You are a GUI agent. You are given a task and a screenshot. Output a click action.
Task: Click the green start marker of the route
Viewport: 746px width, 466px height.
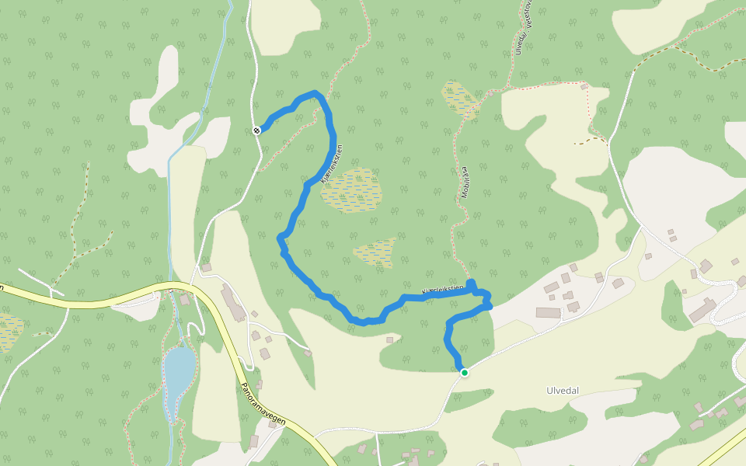click(465, 373)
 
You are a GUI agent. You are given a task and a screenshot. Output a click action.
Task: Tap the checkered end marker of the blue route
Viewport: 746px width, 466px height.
click(256, 130)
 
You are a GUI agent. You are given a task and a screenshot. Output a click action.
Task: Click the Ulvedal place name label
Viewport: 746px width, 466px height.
click(562, 391)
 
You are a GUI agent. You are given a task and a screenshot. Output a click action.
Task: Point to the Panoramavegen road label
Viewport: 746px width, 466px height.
click(263, 404)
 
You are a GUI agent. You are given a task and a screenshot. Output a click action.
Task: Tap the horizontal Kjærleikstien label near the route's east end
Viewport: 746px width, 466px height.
click(441, 290)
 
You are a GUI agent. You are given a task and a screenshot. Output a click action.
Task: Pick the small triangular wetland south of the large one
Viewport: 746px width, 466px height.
click(376, 252)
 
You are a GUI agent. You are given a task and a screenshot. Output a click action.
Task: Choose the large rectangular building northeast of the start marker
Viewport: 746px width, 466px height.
click(548, 313)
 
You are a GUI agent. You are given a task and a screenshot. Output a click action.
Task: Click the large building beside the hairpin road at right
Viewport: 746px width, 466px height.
click(703, 309)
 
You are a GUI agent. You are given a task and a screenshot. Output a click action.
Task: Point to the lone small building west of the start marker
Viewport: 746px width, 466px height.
click(389, 340)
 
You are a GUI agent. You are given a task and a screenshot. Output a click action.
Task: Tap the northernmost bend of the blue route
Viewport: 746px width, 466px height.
click(315, 94)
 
